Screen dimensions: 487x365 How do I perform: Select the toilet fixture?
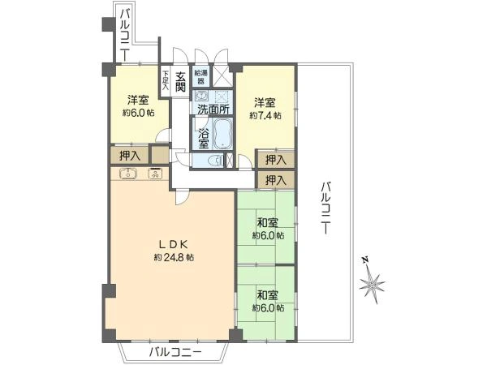coord(217,161)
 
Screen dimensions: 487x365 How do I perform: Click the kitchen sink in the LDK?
coord(128,174)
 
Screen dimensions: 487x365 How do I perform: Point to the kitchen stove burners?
coord(155,174)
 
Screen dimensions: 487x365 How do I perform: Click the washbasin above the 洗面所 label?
coord(201,97)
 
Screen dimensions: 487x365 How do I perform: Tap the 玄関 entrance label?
coord(180,82)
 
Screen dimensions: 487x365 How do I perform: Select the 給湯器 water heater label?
coord(201,77)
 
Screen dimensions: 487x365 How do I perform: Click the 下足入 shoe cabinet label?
coord(166,80)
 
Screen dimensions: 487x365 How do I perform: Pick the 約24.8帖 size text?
coord(175,257)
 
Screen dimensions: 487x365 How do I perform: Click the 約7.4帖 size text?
coord(265,116)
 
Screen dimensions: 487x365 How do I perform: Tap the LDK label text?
coord(173,245)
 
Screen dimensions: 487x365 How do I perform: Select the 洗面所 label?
coord(214,109)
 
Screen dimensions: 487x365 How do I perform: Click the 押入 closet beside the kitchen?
coord(130,156)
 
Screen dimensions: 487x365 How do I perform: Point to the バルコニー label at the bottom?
coord(176,352)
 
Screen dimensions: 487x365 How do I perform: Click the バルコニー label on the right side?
coord(325,208)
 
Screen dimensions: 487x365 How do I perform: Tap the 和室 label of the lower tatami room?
coord(267,295)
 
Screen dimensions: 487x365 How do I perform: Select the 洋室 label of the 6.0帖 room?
coord(138,101)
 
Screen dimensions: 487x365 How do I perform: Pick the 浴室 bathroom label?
coord(204,137)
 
